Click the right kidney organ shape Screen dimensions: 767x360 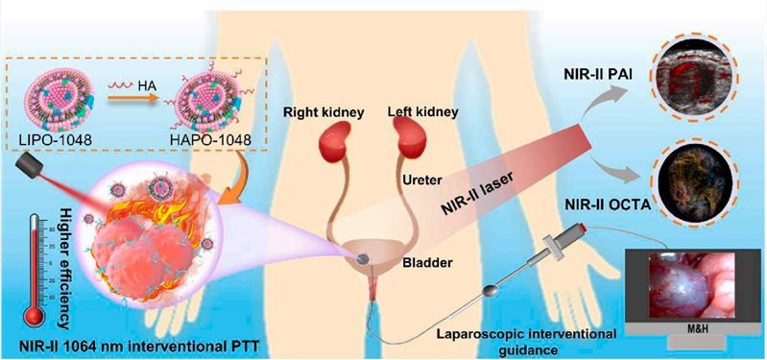pyautogui.click(x=331, y=148)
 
